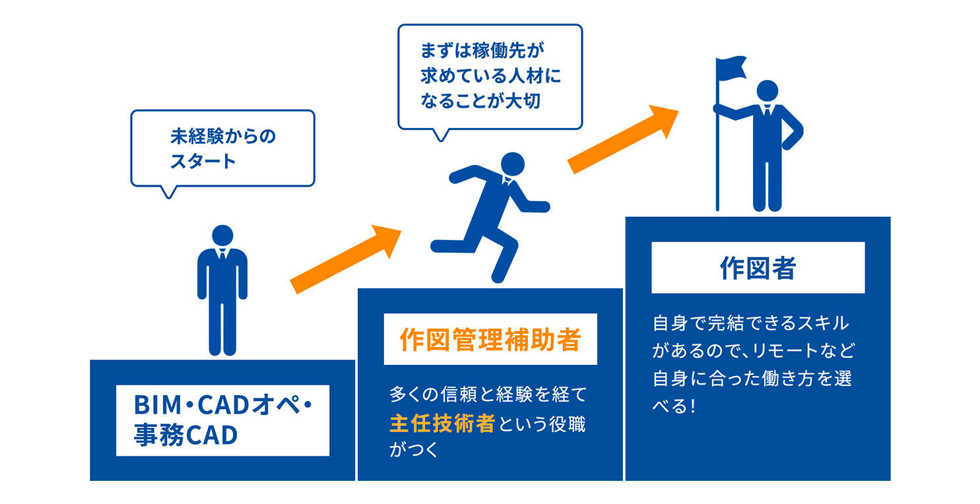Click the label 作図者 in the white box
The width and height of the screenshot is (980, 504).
point(757,268)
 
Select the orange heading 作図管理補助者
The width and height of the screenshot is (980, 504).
point(490,339)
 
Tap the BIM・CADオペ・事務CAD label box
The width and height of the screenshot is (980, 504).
point(222,420)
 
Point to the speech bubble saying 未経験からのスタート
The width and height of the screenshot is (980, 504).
point(222,148)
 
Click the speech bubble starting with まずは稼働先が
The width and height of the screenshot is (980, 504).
point(490,77)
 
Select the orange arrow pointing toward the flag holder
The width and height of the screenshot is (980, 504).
point(623,139)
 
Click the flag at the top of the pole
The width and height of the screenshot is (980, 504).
point(731,68)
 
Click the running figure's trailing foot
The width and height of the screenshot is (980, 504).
point(438,244)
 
